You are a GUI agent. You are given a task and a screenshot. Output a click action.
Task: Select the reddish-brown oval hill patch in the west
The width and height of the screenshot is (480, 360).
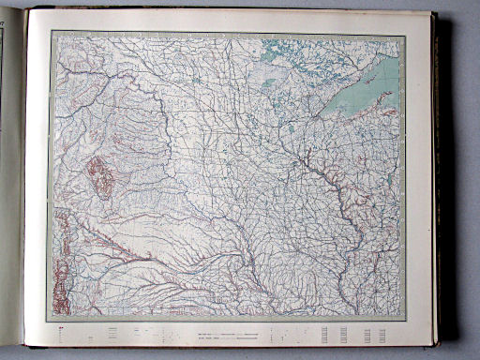[x=99, y=176]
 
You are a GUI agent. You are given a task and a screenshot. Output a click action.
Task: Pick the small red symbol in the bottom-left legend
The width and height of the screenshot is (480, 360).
[x=61, y=329]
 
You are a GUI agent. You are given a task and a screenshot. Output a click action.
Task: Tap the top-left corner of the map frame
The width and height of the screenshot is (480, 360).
[x=52, y=33]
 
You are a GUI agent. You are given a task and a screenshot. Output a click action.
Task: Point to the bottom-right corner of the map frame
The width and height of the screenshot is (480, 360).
[x=406, y=320]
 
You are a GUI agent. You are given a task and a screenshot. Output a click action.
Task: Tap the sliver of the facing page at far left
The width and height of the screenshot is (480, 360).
[x=8, y=187]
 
